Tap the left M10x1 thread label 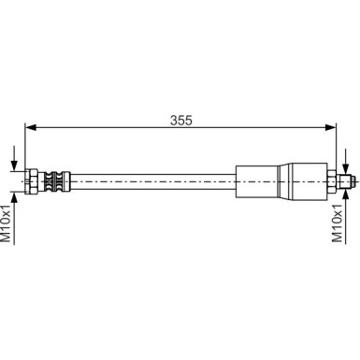pos(7,225)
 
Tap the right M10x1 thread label pos(338,225)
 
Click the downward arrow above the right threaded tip pos(348,164)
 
